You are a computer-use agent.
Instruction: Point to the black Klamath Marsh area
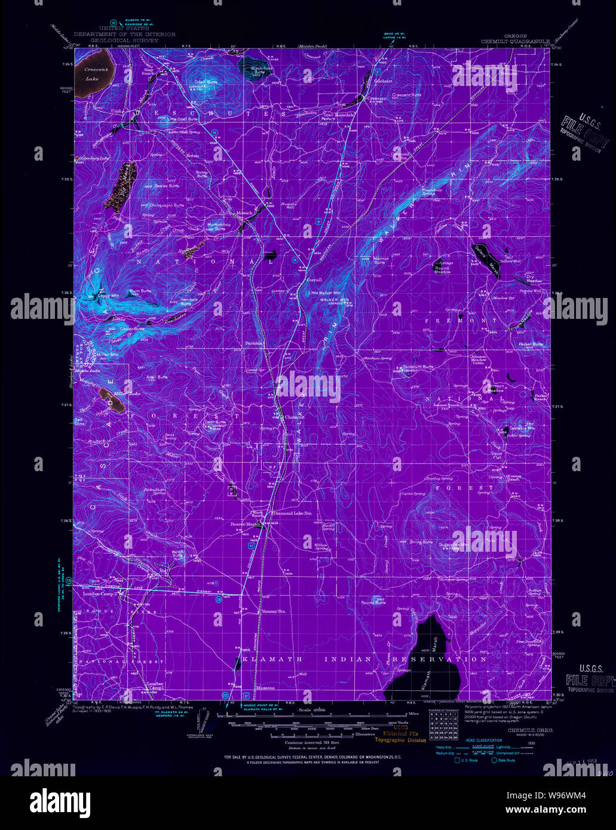pos(418,663)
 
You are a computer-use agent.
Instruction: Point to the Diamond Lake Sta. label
pos(293,512)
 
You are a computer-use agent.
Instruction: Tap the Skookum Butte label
pos(418,367)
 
